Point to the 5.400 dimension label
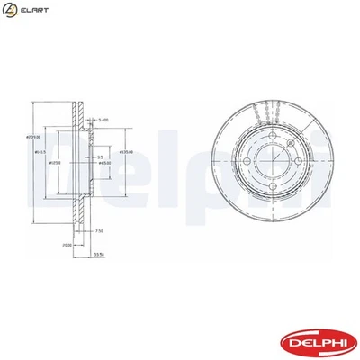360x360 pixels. tap(103, 119)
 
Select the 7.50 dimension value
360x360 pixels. tap(99, 231)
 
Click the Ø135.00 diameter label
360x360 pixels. tap(127, 152)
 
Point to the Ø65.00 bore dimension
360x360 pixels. tap(104, 163)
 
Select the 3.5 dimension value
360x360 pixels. tap(100, 157)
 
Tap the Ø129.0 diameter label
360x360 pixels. tap(53, 163)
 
